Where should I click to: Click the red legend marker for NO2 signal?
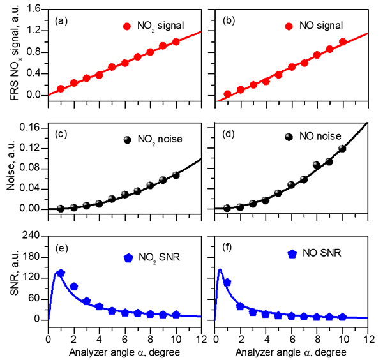point(127,26)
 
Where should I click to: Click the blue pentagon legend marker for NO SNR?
point(292,253)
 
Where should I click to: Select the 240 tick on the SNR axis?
point(33,236)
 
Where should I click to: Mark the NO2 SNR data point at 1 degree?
point(61,273)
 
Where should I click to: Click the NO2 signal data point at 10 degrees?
point(176,41)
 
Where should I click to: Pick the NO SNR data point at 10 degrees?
point(342,317)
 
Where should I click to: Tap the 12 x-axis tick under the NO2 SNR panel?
point(200,331)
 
